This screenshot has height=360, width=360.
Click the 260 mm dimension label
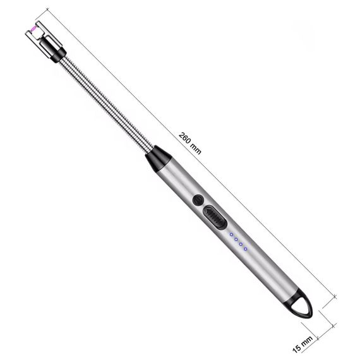(190, 143)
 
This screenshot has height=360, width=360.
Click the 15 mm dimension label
(303, 344)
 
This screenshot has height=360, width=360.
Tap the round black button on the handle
(198, 200)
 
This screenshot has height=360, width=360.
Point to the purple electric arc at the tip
(33, 28)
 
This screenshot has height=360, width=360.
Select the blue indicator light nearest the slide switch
(231, 234)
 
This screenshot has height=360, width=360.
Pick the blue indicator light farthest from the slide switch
(246, 249)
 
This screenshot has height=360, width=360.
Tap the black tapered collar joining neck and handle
(159, 158)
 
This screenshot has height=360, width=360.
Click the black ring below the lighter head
(57, 54)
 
